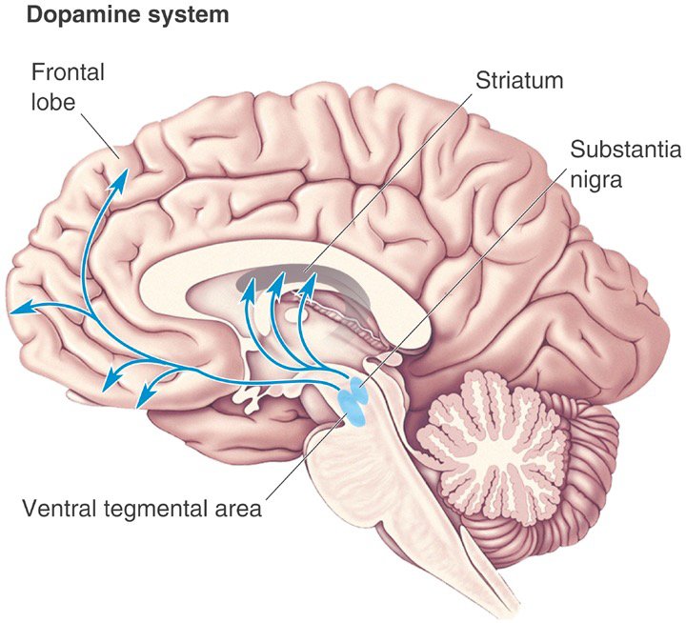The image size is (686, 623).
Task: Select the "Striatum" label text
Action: click(520, 79)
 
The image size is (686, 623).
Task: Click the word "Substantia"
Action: click(617, 150)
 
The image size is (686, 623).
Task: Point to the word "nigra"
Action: click(596, 178)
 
